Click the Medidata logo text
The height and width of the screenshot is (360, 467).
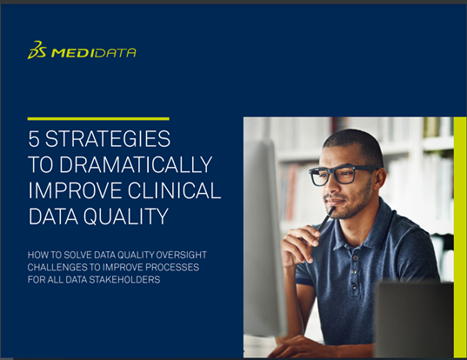(x=94, y=53)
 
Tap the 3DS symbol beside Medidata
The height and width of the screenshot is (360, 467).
(x=37, y=50)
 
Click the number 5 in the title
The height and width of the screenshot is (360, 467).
(x=34, y=139)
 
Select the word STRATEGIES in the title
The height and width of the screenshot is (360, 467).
(x=108, y=139)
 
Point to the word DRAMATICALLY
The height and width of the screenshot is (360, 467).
(x=136, y=164)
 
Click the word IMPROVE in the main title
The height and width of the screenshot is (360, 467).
(x=76, y=190)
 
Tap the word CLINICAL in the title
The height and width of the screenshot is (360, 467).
(x=175, y=190)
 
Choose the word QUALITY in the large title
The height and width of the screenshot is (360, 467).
(x=126, y=217)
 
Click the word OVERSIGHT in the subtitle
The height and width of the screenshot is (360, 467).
(x=182, y=255)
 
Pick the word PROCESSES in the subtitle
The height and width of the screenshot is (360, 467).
(x=172, y=267)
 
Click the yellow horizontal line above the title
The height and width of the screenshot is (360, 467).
(x=98, y=119)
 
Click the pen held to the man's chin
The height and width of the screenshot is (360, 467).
(x=325, y=220)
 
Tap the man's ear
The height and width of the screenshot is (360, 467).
(x=378, y=180)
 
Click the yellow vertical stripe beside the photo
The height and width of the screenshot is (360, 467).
(x=460, y=237)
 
